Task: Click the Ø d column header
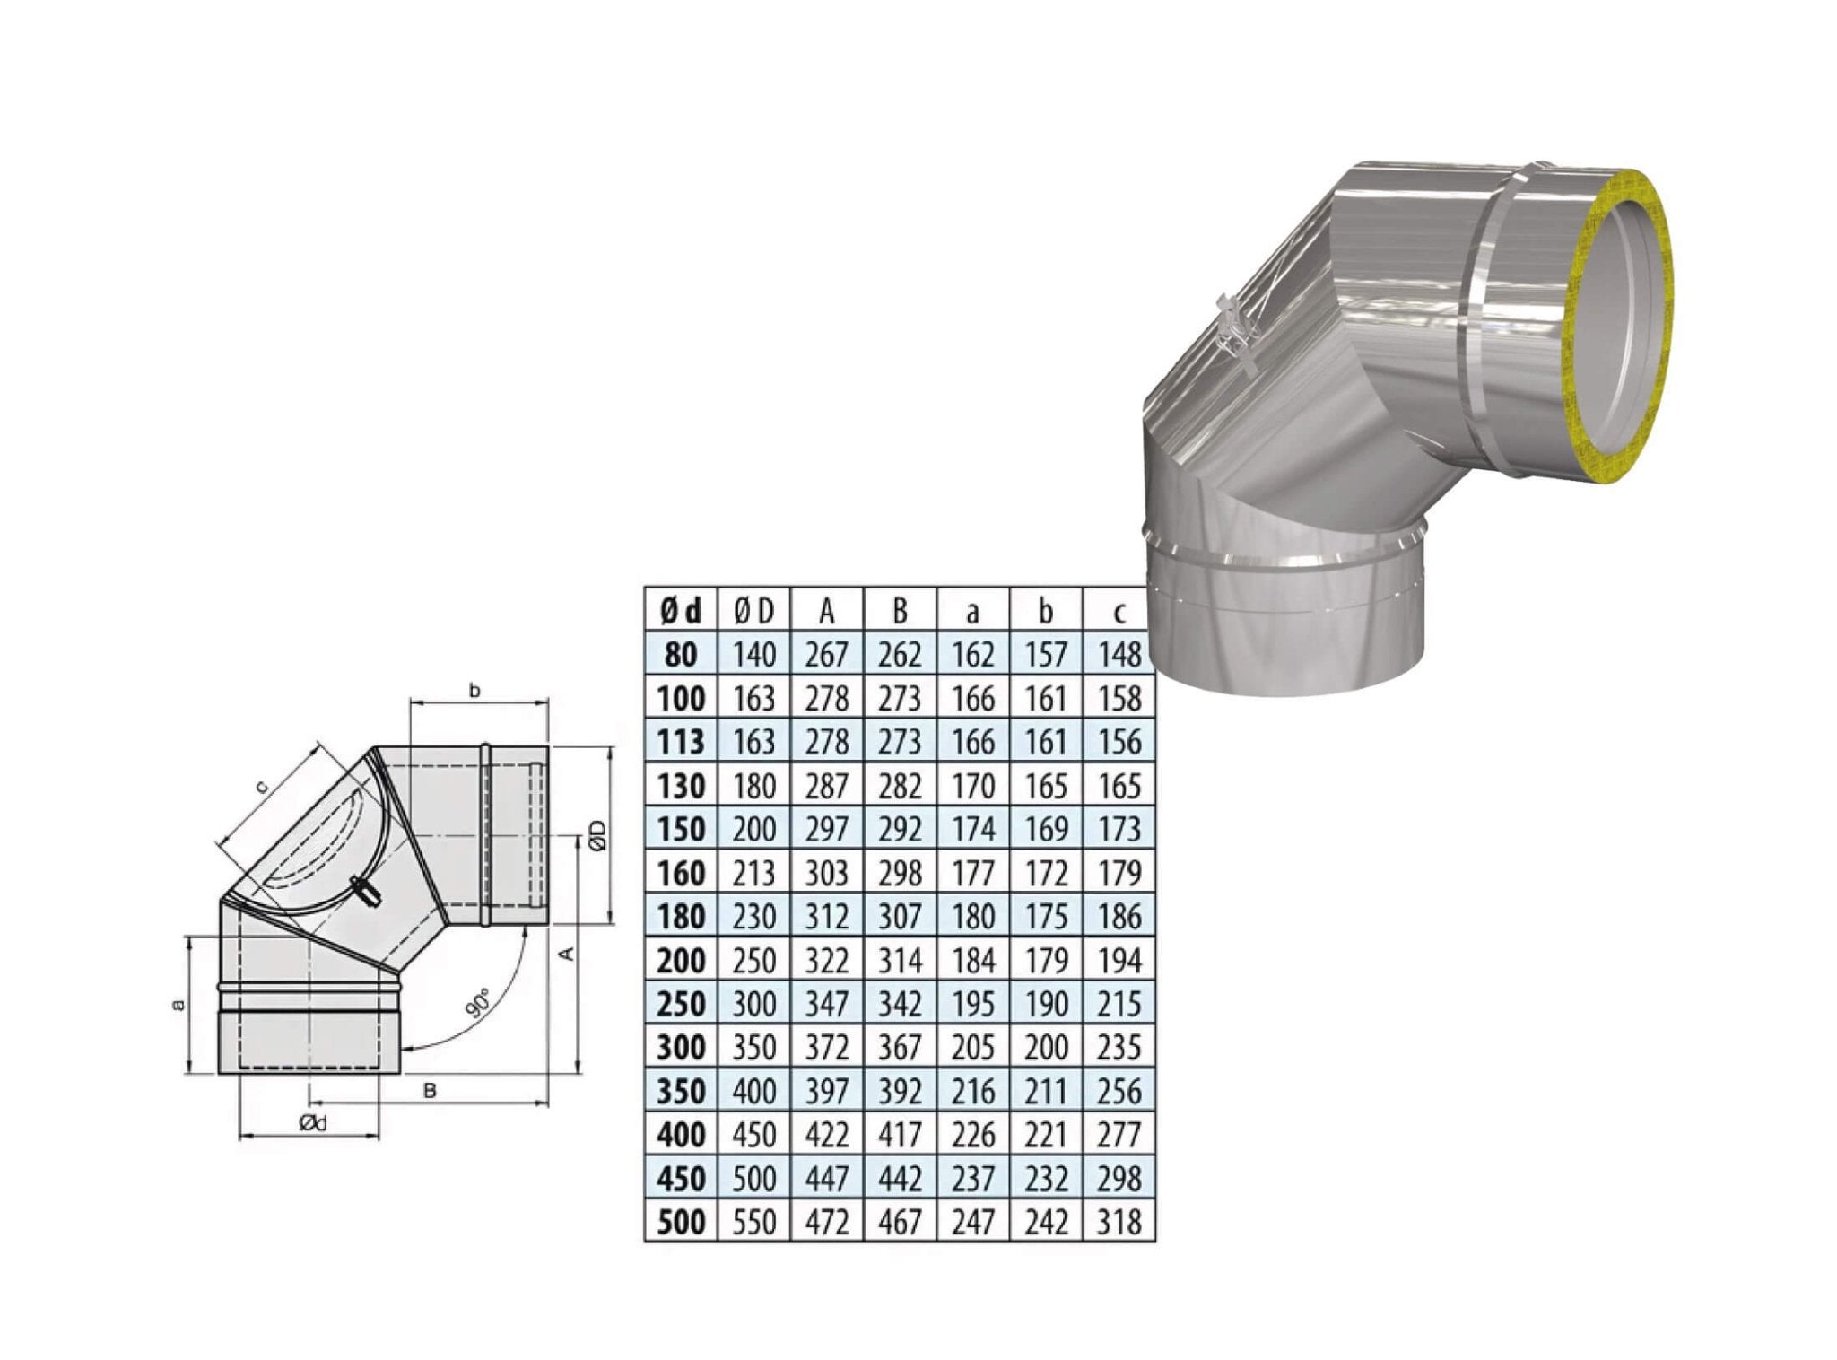681,610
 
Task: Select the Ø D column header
753,610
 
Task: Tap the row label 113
681,742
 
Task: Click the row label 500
681,1222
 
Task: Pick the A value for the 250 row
826,1004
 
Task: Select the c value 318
1119,1222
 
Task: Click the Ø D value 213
753,873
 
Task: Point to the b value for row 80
1045,655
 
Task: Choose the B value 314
899,961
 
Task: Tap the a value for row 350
972,1091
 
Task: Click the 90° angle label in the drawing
479,1003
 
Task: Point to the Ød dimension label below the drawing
314,1122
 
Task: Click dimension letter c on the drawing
262,787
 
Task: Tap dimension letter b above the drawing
475,690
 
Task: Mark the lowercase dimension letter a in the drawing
178,1005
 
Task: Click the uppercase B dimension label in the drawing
430,1091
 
